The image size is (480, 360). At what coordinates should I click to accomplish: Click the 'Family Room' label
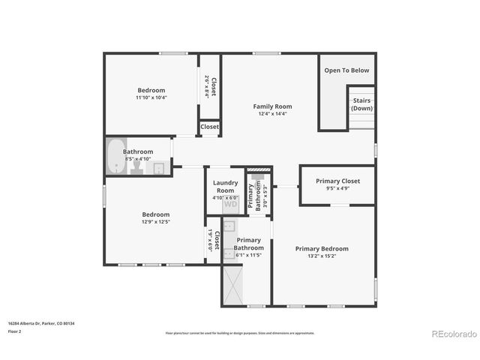click(272, 106)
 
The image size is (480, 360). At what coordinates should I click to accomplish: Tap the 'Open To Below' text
click(346, 70)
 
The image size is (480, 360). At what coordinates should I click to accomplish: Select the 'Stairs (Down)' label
click(361, 104)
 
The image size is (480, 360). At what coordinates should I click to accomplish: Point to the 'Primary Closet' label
click(337, 181)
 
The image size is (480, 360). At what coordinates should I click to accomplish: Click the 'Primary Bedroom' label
click(322, 248)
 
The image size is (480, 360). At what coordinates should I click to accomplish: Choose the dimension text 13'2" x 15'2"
click(322, 256)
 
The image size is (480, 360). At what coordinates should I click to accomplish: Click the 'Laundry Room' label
click(225, 186)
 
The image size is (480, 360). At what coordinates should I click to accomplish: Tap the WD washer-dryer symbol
click(230, 204)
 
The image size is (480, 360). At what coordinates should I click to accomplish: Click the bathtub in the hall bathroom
click(115, 156)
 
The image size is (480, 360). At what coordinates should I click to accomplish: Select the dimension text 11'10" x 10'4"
click(151, 97)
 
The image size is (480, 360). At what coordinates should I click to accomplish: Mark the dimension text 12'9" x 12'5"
click(156, 221)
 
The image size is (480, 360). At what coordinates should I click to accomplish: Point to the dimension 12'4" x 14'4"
click(272, 114)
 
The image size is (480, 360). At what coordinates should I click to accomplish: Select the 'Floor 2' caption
click(15, 331)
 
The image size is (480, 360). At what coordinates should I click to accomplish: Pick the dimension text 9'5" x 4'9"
click(337, 188)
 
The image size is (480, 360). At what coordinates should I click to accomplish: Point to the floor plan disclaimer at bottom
click(240, 331)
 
